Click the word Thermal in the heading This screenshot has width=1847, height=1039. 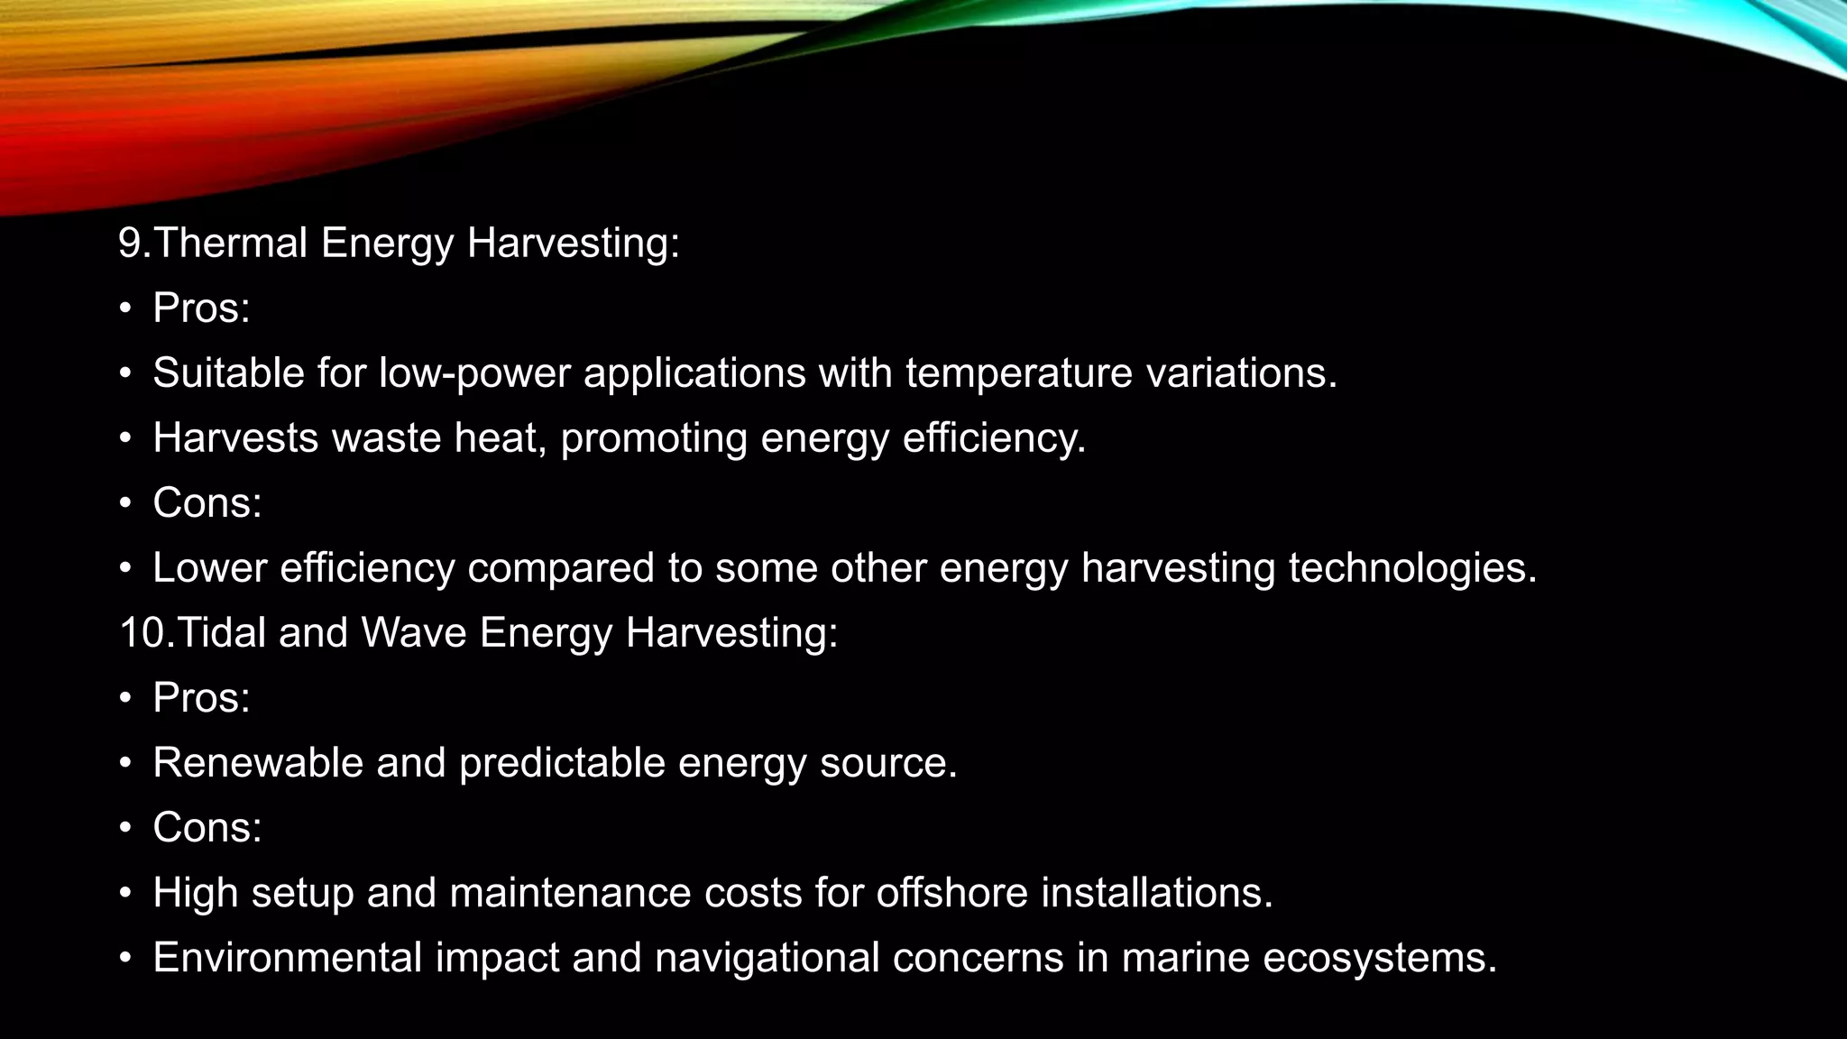(231, 243)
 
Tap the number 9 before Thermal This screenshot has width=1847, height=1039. (130, 243)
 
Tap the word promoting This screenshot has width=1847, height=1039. (654, 439)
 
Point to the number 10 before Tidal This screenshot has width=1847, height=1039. (141, 632)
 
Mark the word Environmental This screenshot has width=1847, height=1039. (287, 957)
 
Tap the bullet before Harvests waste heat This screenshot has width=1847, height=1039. (126, 438)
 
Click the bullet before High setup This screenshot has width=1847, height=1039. (126, 893)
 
